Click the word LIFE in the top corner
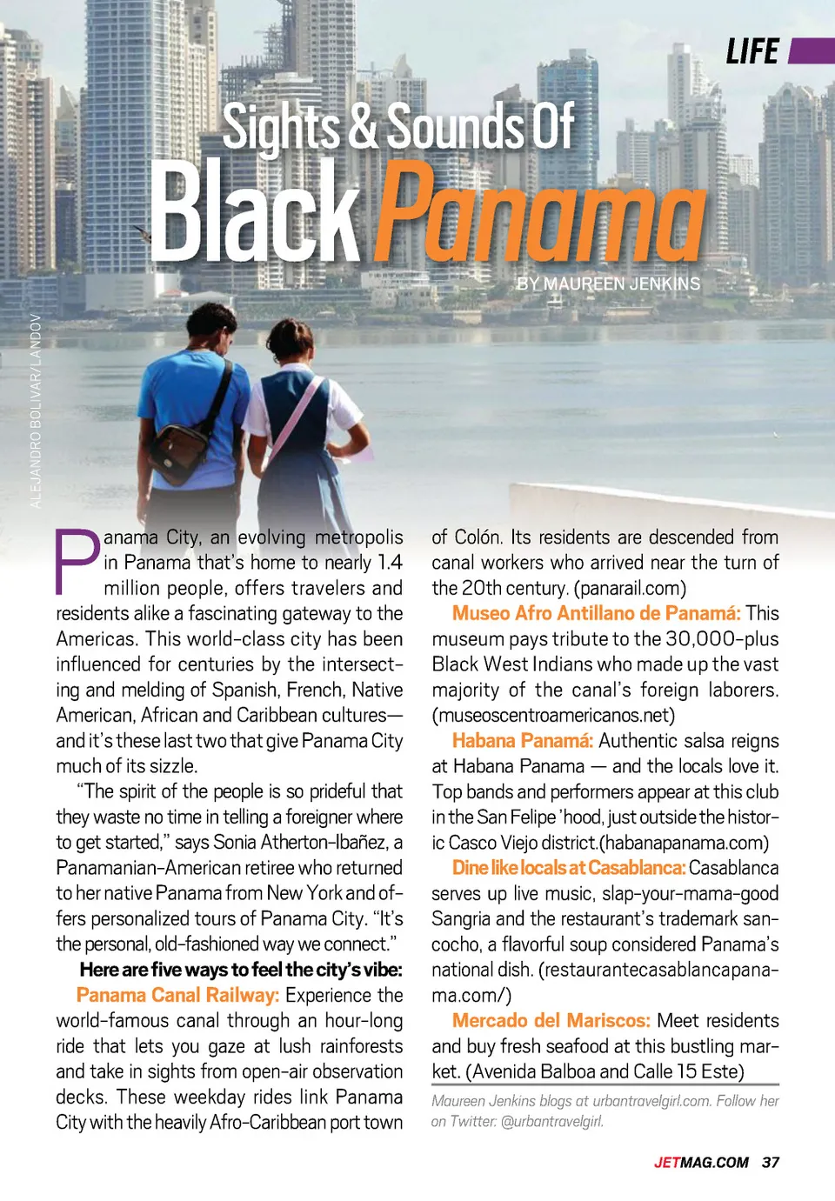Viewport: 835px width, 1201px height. pos(752,52)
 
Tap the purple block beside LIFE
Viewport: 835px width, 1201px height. pos(812,51)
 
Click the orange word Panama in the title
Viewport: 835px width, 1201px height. pos(539,213)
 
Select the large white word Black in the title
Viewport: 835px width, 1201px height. pos(255,213)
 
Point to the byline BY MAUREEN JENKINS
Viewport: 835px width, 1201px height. pos(608,284)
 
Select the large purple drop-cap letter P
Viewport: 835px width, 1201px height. pos(77,562)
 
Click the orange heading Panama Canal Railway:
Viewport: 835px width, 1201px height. pos(177,995)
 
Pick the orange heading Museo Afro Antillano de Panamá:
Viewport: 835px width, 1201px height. pos(596,613)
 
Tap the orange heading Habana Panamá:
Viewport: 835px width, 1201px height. pos(522,741)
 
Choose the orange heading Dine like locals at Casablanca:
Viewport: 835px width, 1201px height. pos(569,868)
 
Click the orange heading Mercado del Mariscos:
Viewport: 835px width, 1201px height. pos(551,1020)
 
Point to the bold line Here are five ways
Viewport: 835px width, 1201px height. pos(241,970)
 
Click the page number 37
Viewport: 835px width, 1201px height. pos(771,1163)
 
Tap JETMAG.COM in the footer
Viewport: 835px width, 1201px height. pos(701,1163)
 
